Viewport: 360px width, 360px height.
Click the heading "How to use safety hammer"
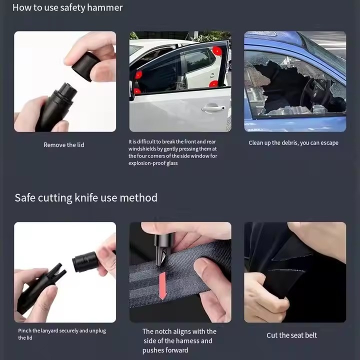click(67, 8)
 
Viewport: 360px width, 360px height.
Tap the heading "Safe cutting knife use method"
click(86, 197)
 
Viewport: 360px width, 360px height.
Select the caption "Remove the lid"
click(64, 145)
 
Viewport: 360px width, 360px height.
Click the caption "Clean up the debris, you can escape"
click(293, 143)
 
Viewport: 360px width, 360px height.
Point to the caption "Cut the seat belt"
click(291, 335)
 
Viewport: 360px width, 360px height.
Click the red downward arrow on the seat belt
click(162, 286)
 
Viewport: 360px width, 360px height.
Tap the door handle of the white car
click(213, 108)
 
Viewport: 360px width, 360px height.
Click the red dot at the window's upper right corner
click(217, 51)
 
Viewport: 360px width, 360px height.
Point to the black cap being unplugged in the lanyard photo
click(84, 262)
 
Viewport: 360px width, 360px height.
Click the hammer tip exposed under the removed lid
click(67, 89)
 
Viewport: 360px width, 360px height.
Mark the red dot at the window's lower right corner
click(214, 84)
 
